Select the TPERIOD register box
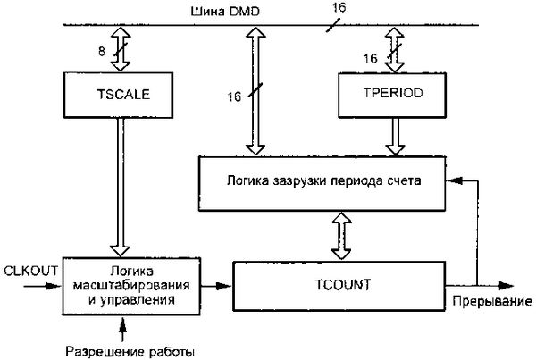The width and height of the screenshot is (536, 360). tap(389, 91)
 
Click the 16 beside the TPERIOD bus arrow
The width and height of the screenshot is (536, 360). tap(369, 58)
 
